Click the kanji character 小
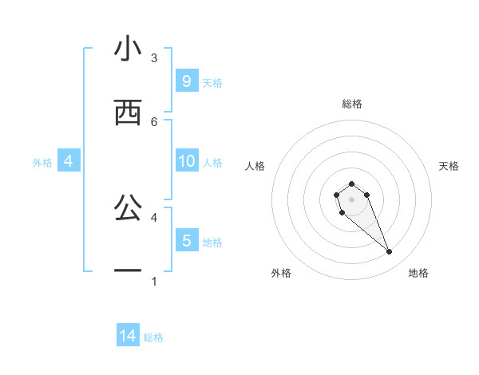pos(128,49)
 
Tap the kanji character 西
pos(128,113)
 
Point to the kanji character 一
pos(128,271)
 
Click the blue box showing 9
pos(186,81)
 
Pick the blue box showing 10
pos(186,161)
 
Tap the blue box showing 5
pos(186,240)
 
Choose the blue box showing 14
pos(128,336)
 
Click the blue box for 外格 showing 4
pos(69,161)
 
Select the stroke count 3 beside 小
pos(154,57)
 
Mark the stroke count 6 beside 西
pos(154,121)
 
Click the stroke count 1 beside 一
pos(154,281)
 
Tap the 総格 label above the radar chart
pos(352,104)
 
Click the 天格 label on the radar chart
pos(449,166)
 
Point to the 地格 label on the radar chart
pos(418,273)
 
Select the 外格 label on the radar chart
pos(281,273)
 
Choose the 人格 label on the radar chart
pos(255,166)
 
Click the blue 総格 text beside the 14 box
pos(153,337)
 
